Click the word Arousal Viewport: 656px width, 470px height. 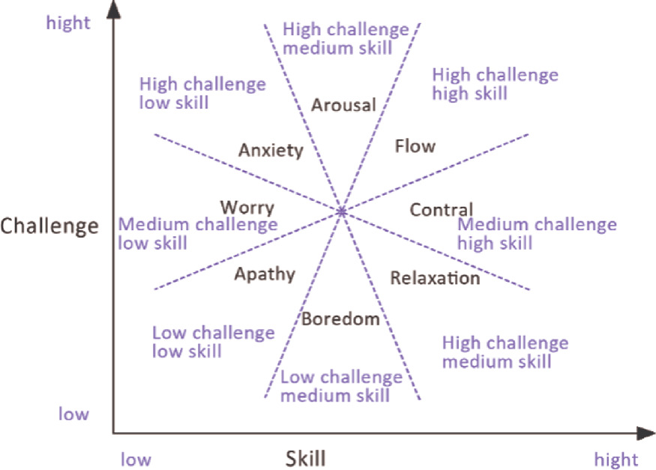pyautogui.click(x=343, y=105)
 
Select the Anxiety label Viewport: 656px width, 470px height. pyautogui.click(x=271, y=151)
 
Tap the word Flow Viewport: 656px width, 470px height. pyautogui.click(x=415, y=145)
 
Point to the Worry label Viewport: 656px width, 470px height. pyautogui.click(x=247, y=208)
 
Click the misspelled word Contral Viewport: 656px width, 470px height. pyautogui.click(x=441, y=211)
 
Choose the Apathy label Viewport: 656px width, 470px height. pyautogui.click(x=265, y=274)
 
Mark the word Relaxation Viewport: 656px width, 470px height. pyautogui.click(x=435, y=278)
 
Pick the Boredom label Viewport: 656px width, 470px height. pyautogui.click(x=340, y=319)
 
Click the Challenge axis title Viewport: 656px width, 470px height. pyautogui.click(x=49, y=226)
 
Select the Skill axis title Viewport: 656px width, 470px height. pyautogui.click(x=305, y=458)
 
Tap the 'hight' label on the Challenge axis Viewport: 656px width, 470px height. pyautogui.click(x=68, y=23)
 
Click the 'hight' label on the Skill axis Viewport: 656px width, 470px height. pyautogui.click(x=616, y=459)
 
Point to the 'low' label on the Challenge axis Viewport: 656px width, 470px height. pyautogui.click(x=73, y=414)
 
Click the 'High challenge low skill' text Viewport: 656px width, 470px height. pyautogui.click(x=202, y=93)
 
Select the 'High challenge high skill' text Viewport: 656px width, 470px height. pyautogui.click(x=495, y=84)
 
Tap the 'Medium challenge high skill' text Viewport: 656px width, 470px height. pyautogui.click(x=537, y=234)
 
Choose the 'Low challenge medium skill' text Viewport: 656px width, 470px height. pyautogui.click(x=341, y=386)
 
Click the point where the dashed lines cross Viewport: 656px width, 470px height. pyautogui.click(x=342, y=212)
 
